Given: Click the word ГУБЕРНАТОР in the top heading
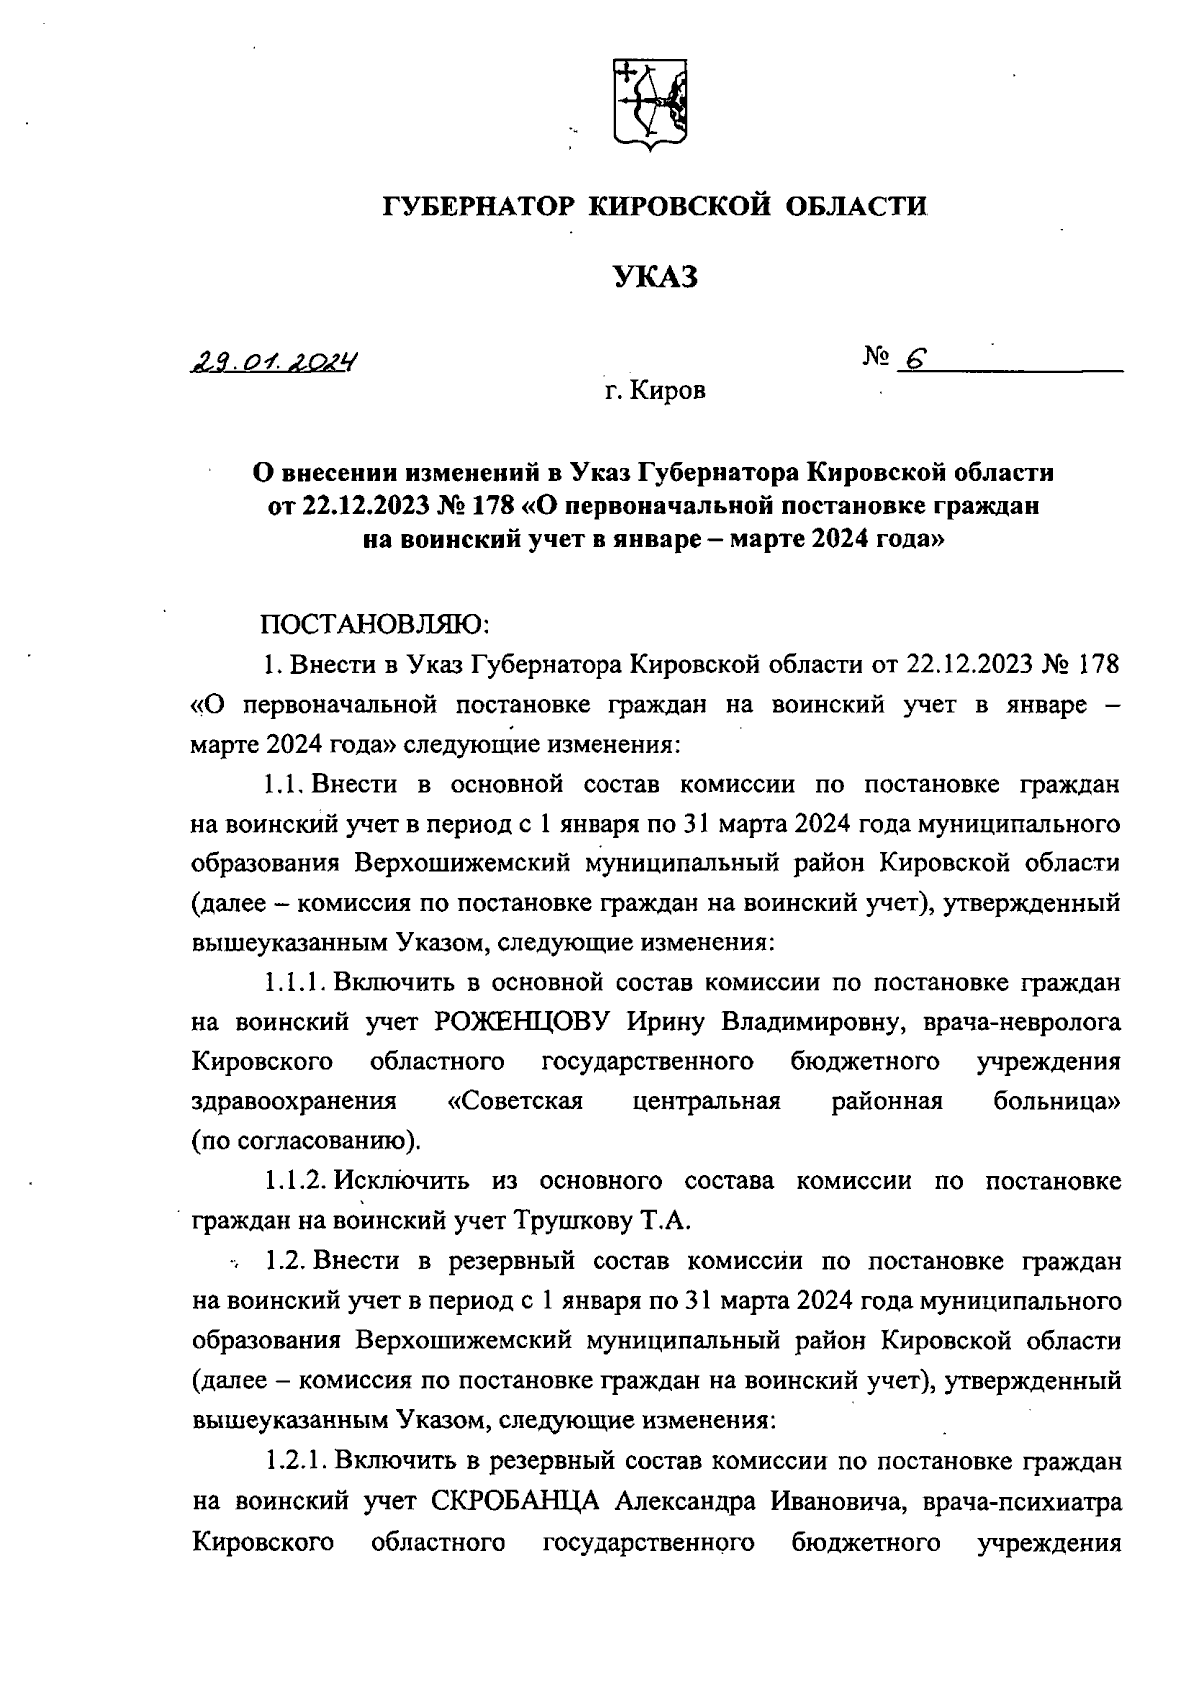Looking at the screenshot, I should coord(477,207).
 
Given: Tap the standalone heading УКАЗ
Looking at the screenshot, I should coord(654,277).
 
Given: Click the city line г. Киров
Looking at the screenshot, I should coord(654,391).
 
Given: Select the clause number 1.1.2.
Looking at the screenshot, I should coord(295,1181).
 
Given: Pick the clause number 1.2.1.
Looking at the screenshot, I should coord(295,1460).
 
